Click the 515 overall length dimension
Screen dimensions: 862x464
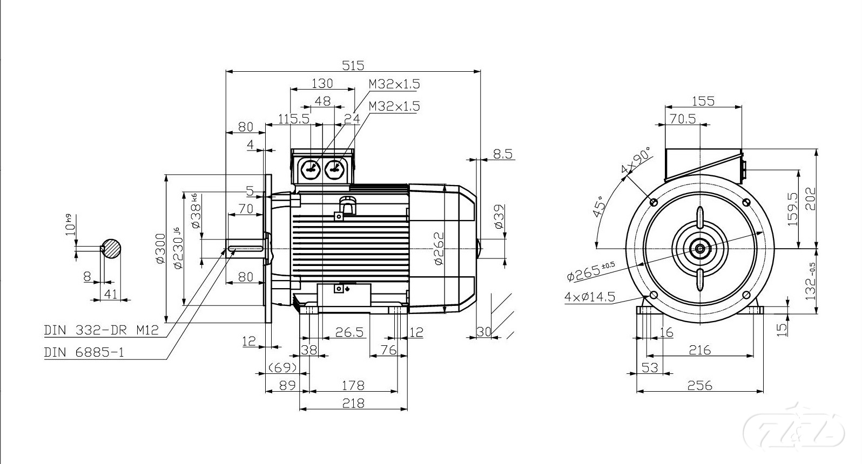[x=353, y=66]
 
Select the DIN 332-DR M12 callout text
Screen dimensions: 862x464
[x=101, y=330]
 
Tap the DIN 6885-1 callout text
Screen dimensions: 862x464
[x=84, y=352]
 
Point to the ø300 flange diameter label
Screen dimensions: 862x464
[x=160, y=248]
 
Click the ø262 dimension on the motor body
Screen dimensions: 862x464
[x=439, y=248]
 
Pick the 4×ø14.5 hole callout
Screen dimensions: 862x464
[x=590, y=297]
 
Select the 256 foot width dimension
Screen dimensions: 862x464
[x=699, y=385]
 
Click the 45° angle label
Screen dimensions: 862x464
[x=599, y=206]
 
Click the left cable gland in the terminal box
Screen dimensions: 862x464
[x=310, y=169]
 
